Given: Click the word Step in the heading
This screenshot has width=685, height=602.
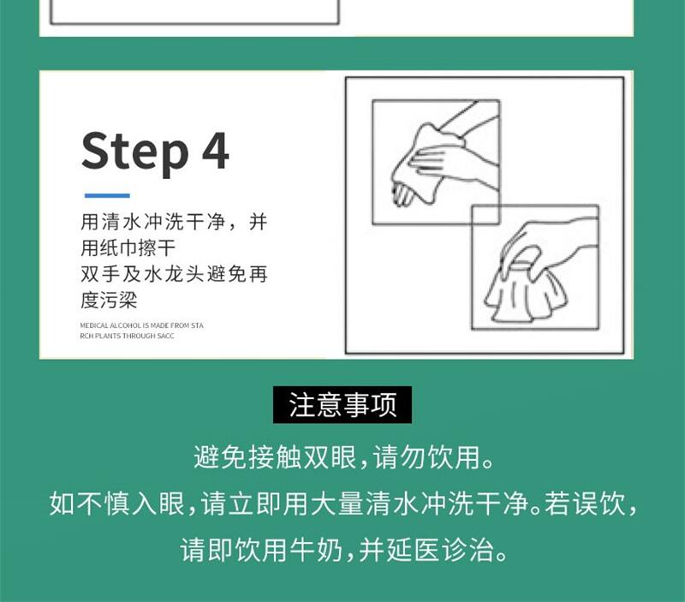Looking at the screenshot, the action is [x=135, y=152].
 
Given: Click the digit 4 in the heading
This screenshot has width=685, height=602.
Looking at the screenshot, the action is [x=215, y=150].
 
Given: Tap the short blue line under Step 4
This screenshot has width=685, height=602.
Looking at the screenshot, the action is [x=107, y=195].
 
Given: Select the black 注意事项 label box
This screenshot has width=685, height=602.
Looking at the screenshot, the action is [x=342, y=404].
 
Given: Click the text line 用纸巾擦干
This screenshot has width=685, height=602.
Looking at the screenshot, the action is [x=128, y=247].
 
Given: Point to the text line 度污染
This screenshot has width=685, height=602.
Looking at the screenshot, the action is [x=109, y=300].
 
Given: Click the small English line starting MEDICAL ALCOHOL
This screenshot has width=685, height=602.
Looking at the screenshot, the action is [x=141, y=325].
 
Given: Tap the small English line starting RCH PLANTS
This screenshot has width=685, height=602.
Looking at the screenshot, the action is [x=127, y=336].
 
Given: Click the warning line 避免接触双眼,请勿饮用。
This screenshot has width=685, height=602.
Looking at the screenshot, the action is [x=344, y=457].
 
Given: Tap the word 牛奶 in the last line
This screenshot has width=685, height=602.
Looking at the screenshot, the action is [x=316, y=550].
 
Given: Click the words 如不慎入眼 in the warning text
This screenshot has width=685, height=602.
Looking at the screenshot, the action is [x=117, y=504].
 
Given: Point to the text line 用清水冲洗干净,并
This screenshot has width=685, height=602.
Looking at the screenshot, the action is [x=174, y=222].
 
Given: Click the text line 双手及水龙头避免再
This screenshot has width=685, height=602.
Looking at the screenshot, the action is [x=174, y=274].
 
